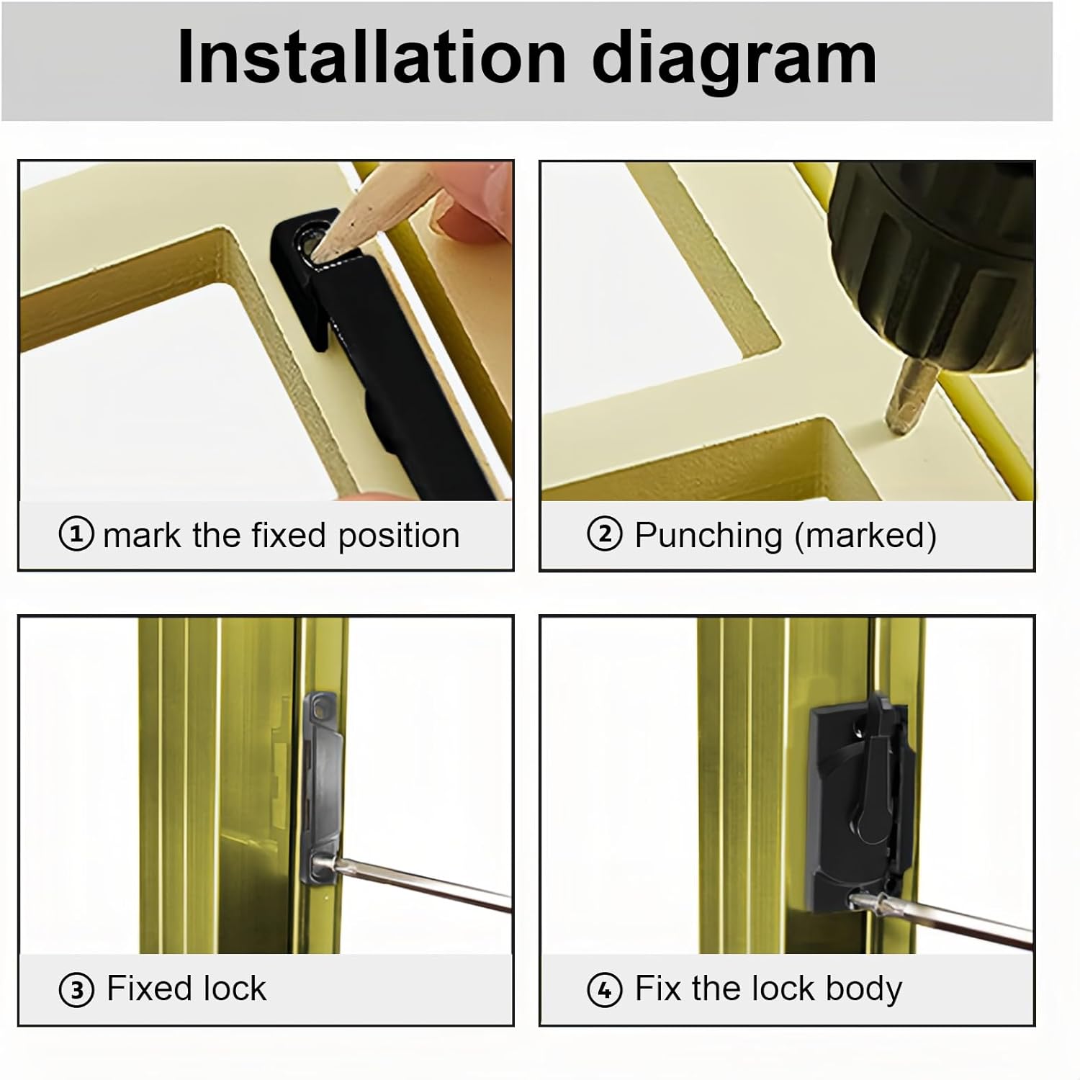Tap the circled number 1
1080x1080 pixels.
pyautogui.click(x=76, y=535)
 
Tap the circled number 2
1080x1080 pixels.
pyautogui.click(x=605, y=535)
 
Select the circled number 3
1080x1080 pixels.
pyautogui.click(x=76, y=990)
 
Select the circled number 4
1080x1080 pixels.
pyautogui.click(x=605, y=990)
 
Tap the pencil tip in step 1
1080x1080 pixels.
pyautogui.click(x=321, y=248)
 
